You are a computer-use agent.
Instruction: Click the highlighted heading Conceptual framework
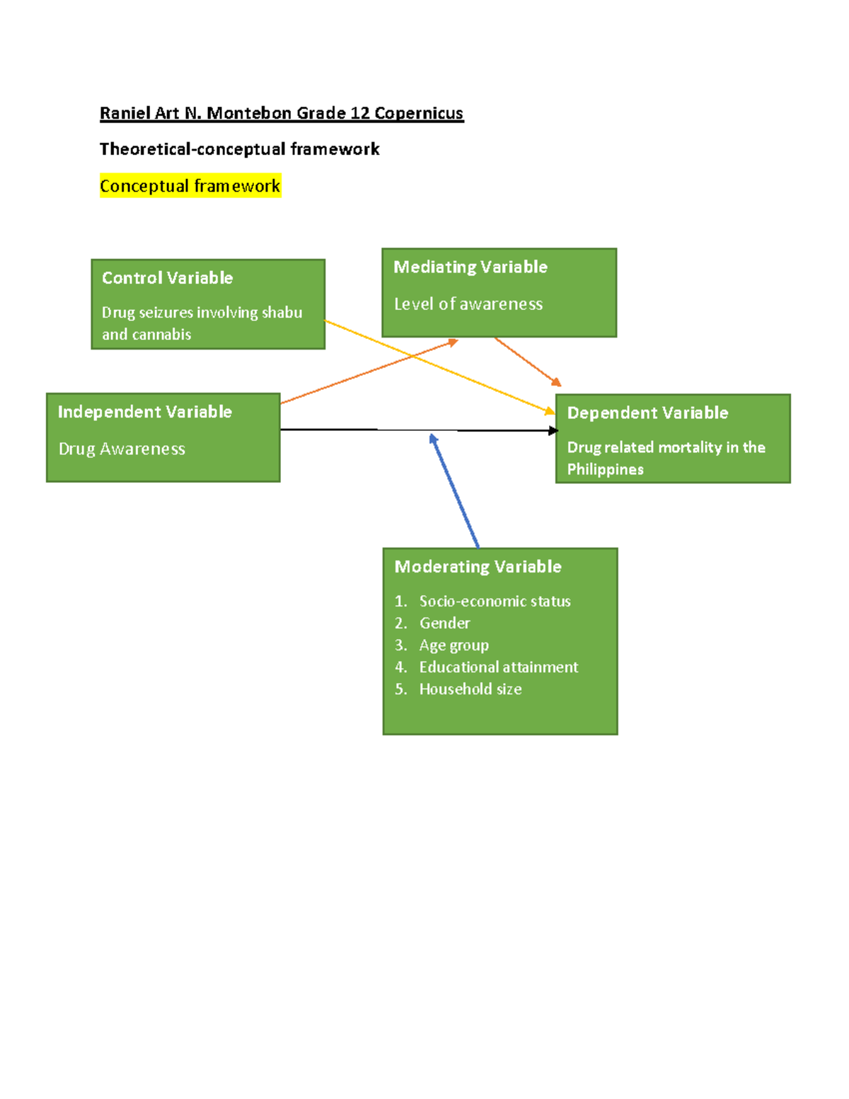click(190, 186)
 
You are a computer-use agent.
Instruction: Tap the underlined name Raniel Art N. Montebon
click(195, 113)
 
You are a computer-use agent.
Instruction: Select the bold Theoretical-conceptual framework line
click(239, 149)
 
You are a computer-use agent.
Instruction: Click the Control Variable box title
click(167, 278)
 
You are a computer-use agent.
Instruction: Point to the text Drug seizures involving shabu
click(202, 313)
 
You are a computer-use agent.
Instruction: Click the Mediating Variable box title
click(470, 267)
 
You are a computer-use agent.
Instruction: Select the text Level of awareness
click(468, 304)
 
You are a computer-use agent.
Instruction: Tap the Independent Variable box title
click(144, 413)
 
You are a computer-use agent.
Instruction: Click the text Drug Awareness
click(122, 449)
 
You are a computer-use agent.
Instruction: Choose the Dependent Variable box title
click(647, 413)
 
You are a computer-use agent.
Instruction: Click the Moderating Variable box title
click(478, 567)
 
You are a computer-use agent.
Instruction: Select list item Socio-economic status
click(495, 602)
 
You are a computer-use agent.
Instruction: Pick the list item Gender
click(444, 623)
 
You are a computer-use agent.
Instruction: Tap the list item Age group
click(454, 645)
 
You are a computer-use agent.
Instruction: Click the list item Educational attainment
click(498, 667)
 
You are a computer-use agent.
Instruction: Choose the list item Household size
click(470, 689)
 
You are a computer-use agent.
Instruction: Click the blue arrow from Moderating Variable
click(455, 491)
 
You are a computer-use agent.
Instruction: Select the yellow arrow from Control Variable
click(439, 367)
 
